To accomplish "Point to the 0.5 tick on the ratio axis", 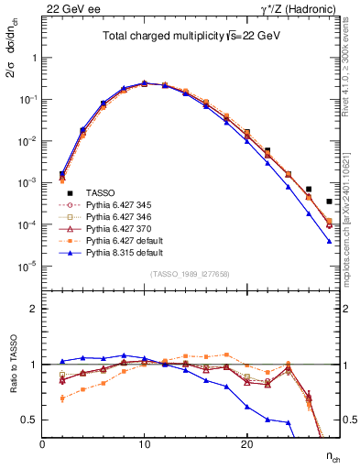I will (30, 420).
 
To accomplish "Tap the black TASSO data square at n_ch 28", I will (329, 202).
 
